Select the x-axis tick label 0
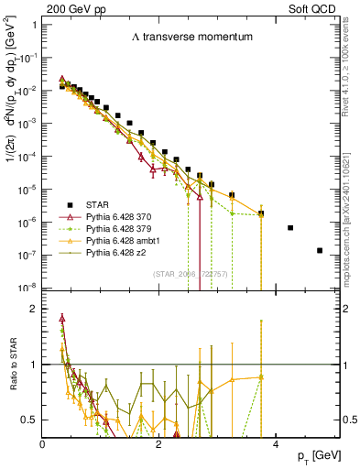43,443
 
